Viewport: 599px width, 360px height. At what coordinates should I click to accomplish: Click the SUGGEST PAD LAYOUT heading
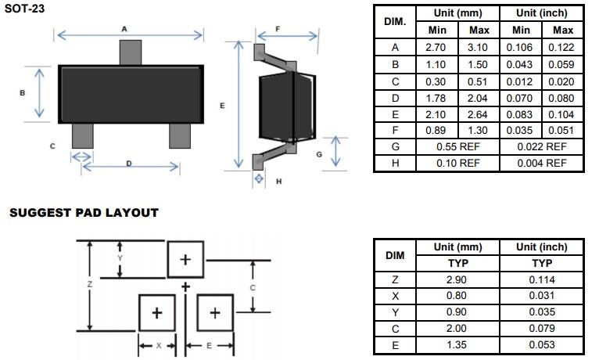click(x=84, y=212)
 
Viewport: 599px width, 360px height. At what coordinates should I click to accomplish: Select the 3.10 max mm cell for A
click(x=479, y=47)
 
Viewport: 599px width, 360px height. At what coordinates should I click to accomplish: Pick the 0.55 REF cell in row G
click(x=457, y=146)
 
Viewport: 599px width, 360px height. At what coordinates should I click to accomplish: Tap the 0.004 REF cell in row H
click(x=542, y=163)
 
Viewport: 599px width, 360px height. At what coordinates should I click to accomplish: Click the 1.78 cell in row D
click(x=436, y=97)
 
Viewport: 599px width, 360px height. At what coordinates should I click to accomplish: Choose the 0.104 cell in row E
click(x=562, y=114)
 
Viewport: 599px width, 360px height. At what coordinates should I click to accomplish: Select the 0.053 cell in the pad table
click(x=541, y=345)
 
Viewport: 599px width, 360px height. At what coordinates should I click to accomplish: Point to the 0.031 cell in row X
click(x=541, y=296)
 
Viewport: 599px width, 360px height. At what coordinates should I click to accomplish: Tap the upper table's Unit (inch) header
click(x=542, y=13)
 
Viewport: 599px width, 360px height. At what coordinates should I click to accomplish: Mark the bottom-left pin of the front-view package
click(x=81, y=135)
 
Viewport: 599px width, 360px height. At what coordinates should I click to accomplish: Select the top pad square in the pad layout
click(x=185, y=259)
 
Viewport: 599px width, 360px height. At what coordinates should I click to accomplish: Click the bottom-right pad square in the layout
click(x=215, y=313)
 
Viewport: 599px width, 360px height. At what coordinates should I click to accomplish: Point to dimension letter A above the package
click(x=124, y=28)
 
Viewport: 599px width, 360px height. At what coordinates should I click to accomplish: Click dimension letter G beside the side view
click(x=319, y=154)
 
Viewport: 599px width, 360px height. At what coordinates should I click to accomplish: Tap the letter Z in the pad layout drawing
click(x=90, y=285)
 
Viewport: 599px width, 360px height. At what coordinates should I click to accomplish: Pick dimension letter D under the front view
click(x=128, y=163)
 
